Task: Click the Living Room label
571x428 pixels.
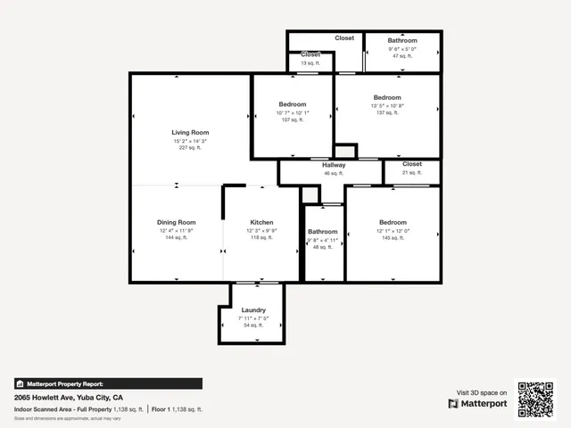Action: [189, 132]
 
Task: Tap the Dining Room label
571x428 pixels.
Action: [176, 222]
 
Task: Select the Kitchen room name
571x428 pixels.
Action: [261, 222]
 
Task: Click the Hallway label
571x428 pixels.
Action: [333, 165]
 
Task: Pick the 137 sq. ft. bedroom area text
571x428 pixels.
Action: [387, 112]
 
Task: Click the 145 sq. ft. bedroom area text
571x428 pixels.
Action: [393, 237]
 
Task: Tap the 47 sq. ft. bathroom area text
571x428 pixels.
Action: [401, 55]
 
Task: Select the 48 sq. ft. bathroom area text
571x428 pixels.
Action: [322, 247]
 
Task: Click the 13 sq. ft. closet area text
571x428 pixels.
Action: [310, 63]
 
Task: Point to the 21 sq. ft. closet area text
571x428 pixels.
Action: [411, 172]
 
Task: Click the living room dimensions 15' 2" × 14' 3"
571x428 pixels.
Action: [189, 141]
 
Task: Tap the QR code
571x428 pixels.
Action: [537, 399]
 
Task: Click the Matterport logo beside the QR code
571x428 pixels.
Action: [477, 403]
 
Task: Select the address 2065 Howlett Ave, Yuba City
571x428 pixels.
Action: [68, 397]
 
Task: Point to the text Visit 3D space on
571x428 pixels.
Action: [482, 392]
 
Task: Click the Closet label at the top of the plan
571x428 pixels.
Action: [344, 37]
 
